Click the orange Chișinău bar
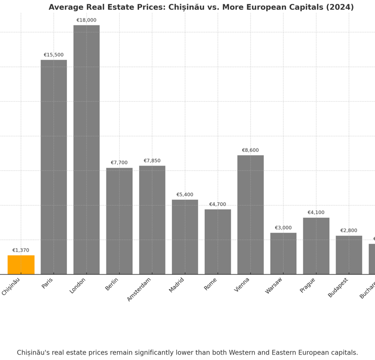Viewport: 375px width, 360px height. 21,265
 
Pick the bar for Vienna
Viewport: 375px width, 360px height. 250,214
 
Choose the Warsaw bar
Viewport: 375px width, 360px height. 283,254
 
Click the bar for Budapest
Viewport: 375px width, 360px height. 349,255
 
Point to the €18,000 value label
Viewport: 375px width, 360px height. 86,21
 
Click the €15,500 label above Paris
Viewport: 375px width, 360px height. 54,55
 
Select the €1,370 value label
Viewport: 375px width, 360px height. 21,251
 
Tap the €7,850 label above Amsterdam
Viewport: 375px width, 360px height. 152,161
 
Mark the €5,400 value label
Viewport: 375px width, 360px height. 185,195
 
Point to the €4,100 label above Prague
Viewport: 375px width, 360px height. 316,212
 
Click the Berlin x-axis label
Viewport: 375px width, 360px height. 112,284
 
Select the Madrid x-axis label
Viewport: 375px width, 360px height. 176,285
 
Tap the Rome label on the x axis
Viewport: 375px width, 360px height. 210,284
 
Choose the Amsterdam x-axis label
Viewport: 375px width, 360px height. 139,289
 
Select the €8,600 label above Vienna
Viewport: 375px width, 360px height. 250,150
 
